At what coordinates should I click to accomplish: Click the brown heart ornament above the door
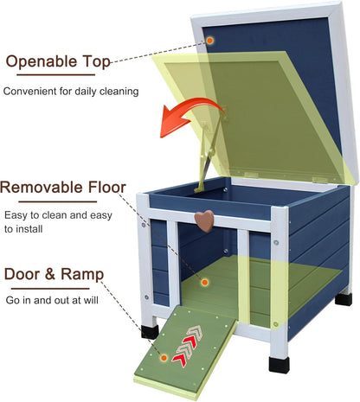point(204,220)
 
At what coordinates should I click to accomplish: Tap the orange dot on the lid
point(209,41)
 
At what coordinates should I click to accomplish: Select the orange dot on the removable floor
point(205,283)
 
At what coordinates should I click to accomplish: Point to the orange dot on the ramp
point(164,358)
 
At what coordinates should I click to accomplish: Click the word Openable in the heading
point(42,61)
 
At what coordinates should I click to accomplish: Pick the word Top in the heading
point(96,61)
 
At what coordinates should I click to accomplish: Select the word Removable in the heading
point(42,188)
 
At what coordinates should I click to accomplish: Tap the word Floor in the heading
point(107,188)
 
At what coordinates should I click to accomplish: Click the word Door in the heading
point(22,274)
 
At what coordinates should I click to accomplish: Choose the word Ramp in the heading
point(82,274)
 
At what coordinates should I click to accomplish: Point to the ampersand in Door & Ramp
point(50,274)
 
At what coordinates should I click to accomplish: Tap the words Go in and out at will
point(52,300)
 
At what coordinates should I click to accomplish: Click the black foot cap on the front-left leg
point(150,332)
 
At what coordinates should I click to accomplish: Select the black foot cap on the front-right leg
point(279,365)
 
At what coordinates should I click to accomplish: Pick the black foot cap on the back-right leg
point(344,299)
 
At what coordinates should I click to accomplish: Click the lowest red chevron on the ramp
point(179,360)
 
